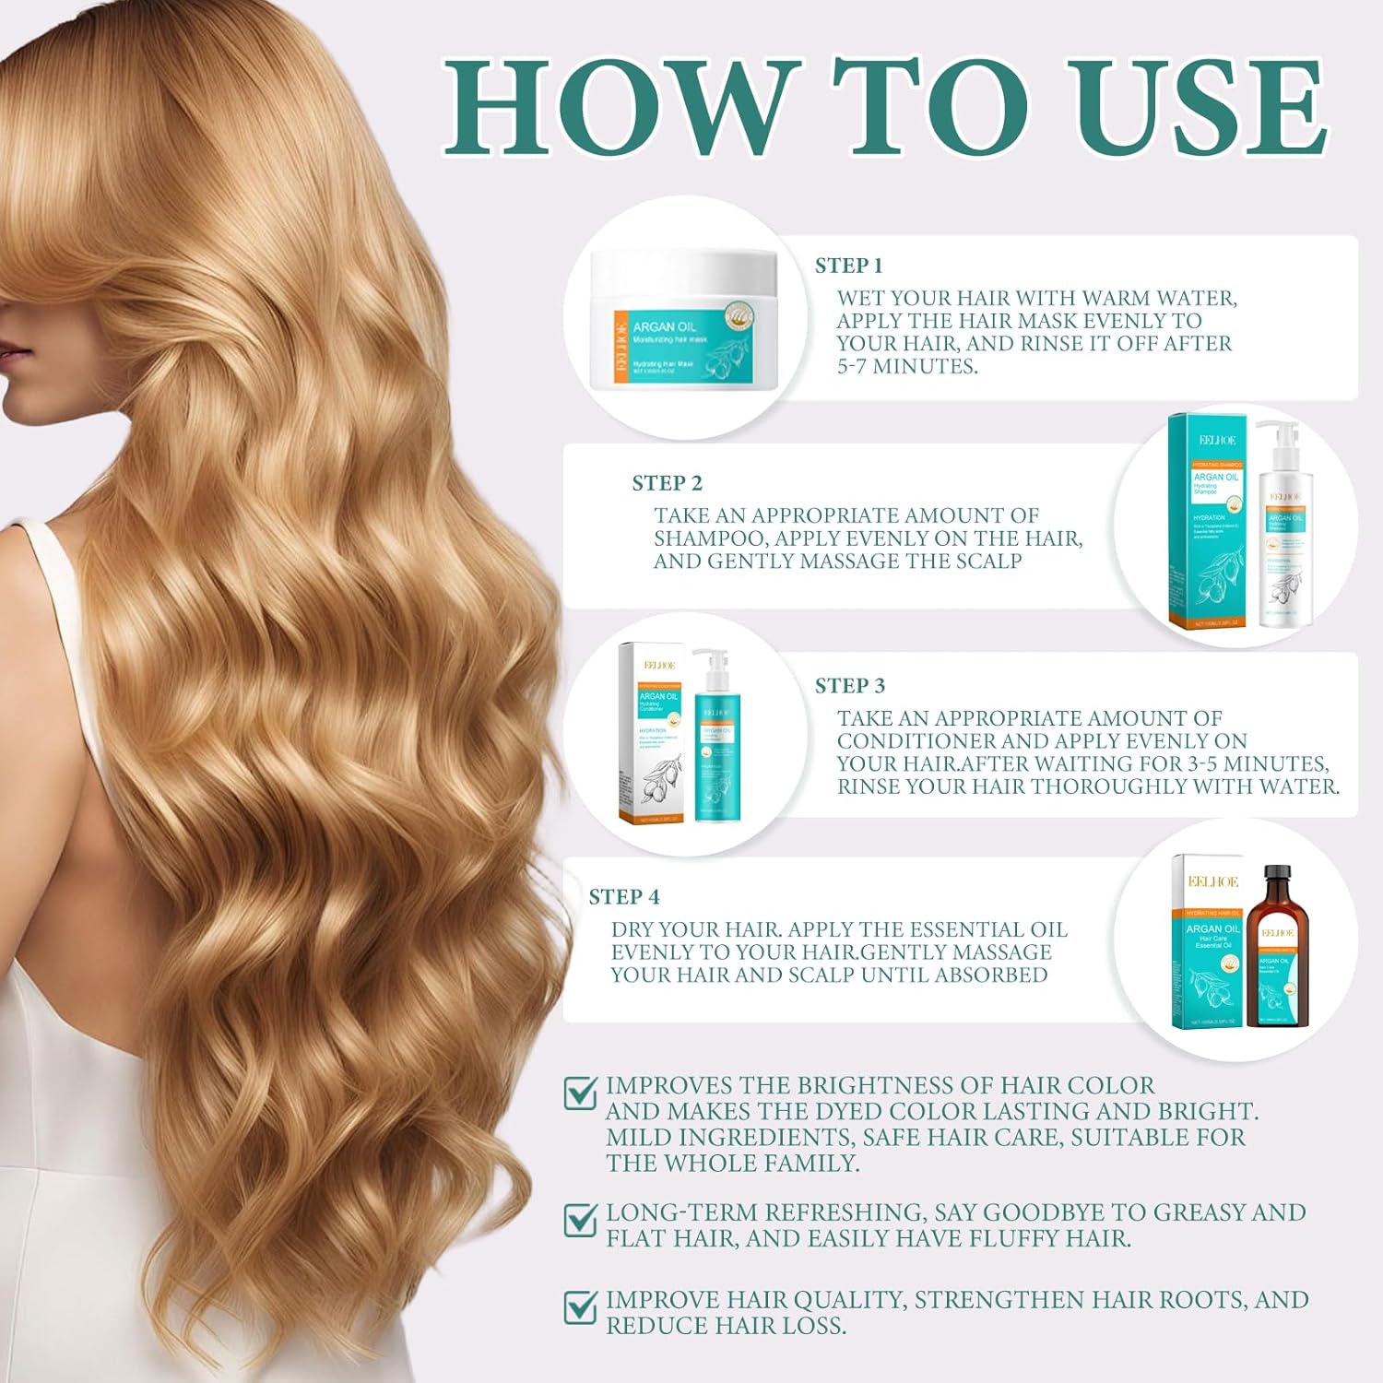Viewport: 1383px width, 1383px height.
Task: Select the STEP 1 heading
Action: [848, 266]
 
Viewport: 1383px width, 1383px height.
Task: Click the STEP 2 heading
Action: [667, 483]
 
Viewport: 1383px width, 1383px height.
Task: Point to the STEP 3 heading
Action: [849, 685]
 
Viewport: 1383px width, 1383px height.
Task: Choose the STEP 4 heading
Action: [624, 896]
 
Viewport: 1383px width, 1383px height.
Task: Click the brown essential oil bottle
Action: [1277, 959]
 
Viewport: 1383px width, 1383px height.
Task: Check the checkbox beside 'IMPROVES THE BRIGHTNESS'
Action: [580, 1093]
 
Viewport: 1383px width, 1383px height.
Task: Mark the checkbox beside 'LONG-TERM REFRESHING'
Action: [580, 1219]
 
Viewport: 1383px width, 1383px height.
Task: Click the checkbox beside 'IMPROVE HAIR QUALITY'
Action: [580, 1306]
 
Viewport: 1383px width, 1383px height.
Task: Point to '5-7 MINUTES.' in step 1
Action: [906, 366]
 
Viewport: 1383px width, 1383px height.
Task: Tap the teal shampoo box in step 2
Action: [1208, 526]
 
